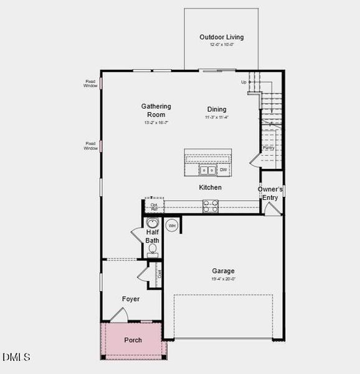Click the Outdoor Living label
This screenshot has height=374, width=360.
pos(221,37)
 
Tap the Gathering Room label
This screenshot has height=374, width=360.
pos(156,110)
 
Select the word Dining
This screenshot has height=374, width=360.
pos(217,110)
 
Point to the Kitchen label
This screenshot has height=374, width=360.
pos(210,188)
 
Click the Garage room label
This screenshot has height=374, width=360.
pos(223,271)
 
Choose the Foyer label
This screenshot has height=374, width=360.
pos(131,299)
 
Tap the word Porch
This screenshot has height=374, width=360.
pos(133,340)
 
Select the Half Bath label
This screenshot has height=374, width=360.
pos(153,236)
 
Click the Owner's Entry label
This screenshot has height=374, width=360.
pos(271,193)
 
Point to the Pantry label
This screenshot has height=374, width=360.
pos(268,148)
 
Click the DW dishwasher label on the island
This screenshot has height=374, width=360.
pos(223,170)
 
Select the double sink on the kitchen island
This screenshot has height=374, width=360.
pos(207,170)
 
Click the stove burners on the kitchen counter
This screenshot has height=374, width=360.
pos(210,206)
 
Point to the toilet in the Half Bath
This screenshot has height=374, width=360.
pos(153,249)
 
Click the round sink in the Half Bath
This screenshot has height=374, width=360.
pos(153,223)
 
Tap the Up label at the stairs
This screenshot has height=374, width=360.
pos(244,82)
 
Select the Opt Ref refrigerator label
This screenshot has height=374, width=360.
pos(154,207)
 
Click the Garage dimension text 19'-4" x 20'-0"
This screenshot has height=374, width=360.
pos(223,279)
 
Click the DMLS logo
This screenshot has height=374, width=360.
pos(16,357)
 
